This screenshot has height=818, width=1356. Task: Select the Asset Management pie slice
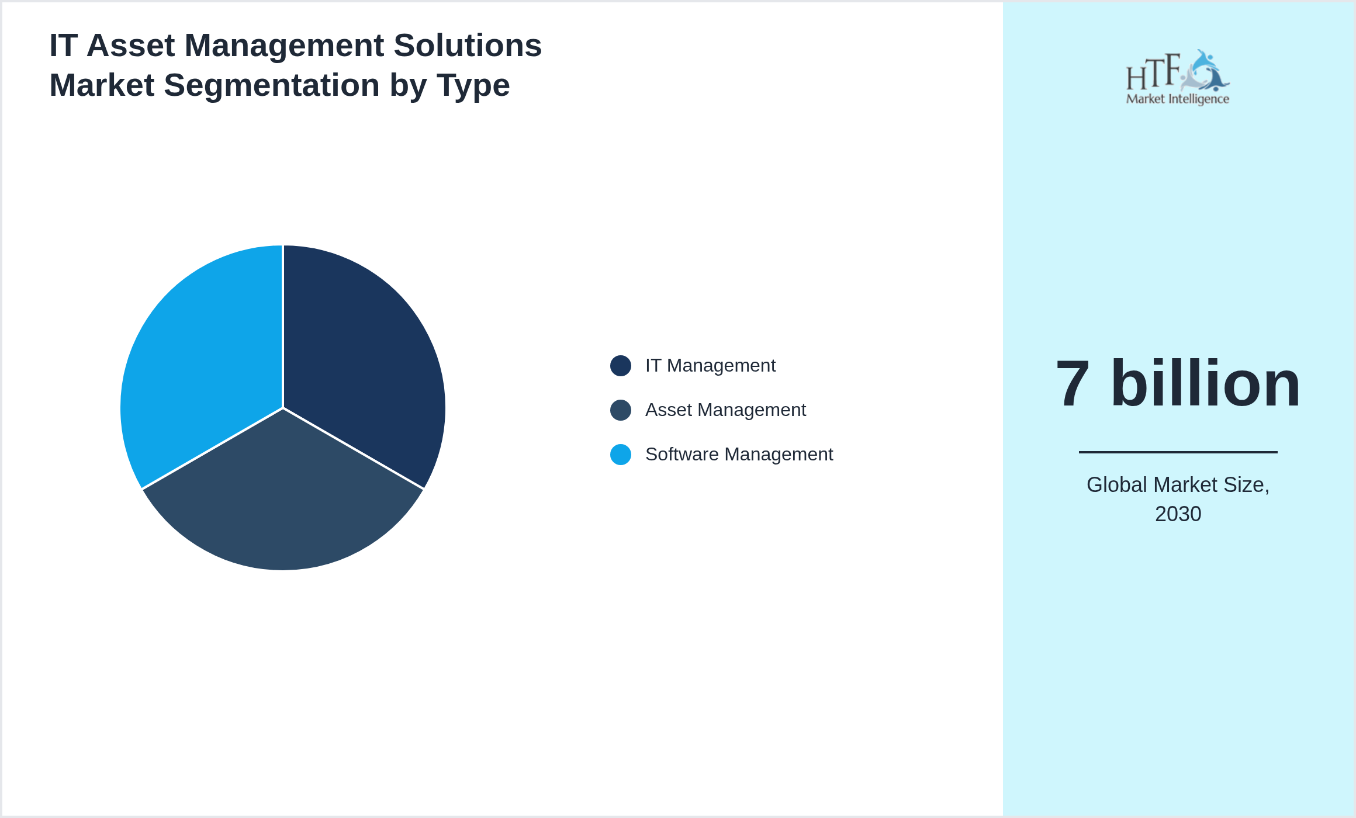[283, 502]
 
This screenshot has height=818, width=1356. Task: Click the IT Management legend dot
[620, 366]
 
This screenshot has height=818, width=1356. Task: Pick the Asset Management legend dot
[620, 410]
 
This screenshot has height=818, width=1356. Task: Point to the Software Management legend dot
[620, 455]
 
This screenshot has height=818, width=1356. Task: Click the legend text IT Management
[710, 366]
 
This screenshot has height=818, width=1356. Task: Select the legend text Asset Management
[725, 410]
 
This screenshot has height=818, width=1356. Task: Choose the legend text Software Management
[739, 455]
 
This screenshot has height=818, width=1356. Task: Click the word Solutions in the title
[468, 46]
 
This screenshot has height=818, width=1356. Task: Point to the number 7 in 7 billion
[1073, 384]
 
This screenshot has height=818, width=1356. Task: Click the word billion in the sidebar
[1205, 384]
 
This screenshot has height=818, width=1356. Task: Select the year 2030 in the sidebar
[1178, 514]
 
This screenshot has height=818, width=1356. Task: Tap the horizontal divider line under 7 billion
[1178, 452]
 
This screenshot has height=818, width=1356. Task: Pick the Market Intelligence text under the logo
[1177, 99]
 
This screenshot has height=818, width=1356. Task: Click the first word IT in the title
[63, 46]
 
